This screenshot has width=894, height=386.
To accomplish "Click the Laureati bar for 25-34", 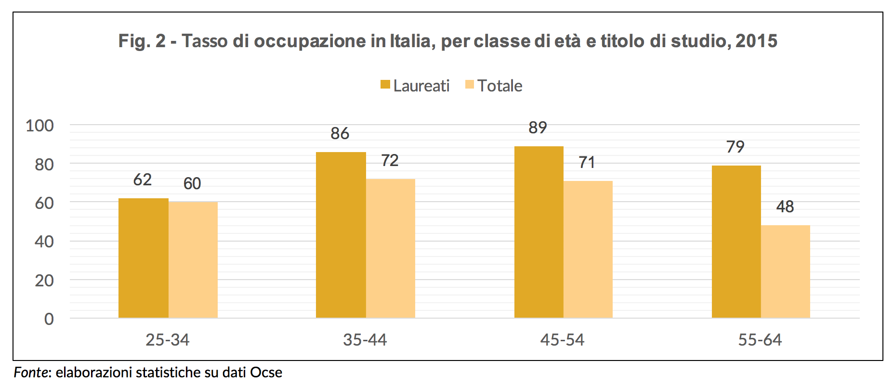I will [x=143, y=258].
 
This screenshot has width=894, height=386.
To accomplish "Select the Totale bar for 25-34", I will [x=193, y=260].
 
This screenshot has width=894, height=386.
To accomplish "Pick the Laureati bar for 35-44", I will [x=341, y=235].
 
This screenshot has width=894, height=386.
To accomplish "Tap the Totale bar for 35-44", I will [x=391, y=248].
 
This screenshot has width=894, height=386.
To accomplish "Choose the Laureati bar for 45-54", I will [x=539, y=232].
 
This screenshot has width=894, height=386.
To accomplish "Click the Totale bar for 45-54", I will [x=588, y=249].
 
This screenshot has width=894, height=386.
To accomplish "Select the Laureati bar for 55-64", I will [x=736, y=242].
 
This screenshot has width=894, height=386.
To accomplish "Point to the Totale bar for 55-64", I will [x=786, y=271].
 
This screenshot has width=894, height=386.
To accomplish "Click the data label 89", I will [x=538, y=128].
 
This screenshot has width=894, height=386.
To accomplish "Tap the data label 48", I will [x=785, y=206].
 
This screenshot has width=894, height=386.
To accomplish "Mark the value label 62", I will [x=143, y=180].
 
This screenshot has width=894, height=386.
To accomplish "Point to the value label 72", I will [x=390, y=160].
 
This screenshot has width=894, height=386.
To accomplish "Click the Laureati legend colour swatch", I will [x=385, y=85].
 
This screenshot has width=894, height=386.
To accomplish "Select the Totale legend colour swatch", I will [x=470, y=85].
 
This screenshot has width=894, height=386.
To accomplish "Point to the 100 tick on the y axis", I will [x=40, y=126].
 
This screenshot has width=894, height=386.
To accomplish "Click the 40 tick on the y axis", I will [x=44, y=241].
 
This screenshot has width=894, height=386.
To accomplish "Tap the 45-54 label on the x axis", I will [x=562, y=340].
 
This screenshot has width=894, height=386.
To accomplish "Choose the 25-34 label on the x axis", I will [x=168, y=340].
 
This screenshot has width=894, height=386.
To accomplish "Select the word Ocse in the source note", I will [x=266, y=373].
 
